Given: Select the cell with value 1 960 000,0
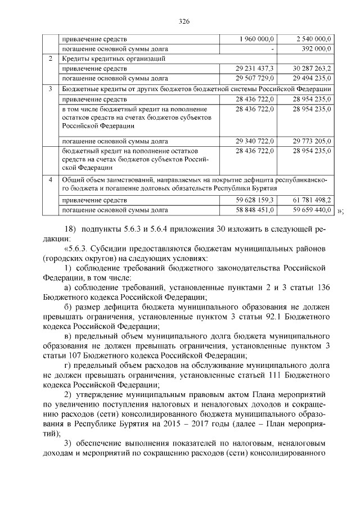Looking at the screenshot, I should (257, 39).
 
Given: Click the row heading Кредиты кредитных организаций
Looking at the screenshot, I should (113, 58).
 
